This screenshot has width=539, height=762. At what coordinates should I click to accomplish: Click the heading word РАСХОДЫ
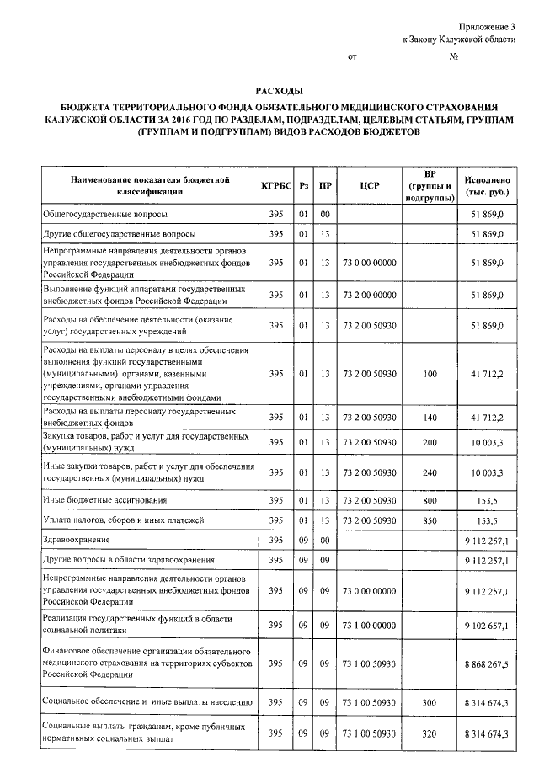tap(279, 91)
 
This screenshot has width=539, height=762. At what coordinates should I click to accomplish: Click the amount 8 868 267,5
tap(487, 664)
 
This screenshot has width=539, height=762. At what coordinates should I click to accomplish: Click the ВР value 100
tap(430, 373)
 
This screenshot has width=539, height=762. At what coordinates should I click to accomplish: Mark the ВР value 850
tap(430, 520)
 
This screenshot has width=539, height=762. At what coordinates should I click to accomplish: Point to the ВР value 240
tap(430, 472)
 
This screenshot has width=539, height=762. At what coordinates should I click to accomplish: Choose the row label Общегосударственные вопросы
tap(99, 215)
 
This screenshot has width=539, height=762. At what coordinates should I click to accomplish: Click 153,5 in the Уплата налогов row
tap(492, 520)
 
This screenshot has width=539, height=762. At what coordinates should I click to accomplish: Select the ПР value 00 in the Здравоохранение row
tap(324, 539)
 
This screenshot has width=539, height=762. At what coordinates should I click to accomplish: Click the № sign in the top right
tap(453, 58)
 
